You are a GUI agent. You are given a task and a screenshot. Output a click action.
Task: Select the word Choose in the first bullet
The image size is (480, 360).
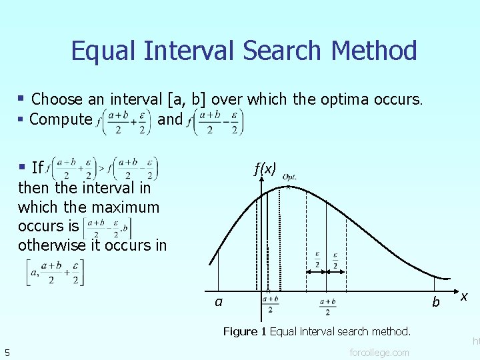click(57, 100)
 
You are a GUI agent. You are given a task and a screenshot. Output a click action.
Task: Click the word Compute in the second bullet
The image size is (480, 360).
click(61, 119)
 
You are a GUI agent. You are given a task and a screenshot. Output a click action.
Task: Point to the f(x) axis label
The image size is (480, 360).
click(265, 169)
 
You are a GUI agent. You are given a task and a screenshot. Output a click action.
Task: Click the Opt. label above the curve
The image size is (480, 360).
click(289, 177)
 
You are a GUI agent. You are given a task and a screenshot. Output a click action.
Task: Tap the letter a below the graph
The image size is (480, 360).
click(219, 302)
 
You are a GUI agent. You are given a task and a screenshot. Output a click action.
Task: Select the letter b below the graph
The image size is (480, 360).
click(436, 302)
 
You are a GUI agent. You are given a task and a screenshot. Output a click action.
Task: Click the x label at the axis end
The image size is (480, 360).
click(464, 295)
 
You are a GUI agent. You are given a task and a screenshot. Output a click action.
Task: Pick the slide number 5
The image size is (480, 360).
click(7, 352)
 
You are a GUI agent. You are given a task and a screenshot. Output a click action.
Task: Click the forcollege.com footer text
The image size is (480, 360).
click(379, 352)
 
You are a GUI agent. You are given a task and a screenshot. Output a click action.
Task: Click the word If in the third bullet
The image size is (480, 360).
click(37, 167)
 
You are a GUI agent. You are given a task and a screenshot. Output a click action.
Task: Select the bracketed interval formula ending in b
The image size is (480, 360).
click(107, 227)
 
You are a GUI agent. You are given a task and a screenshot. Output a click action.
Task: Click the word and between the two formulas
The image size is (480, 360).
click(169, 119)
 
